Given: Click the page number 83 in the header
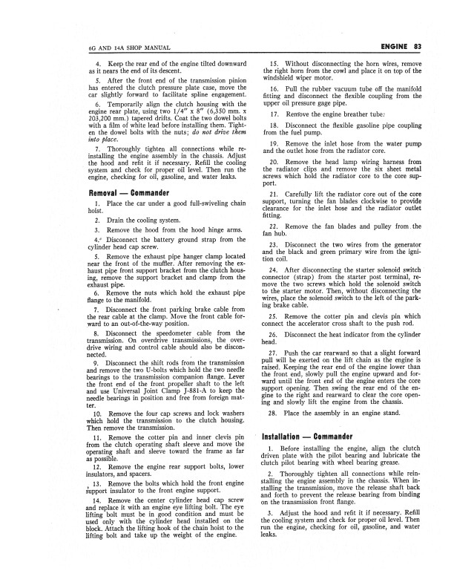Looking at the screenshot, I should tap(417, 49).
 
